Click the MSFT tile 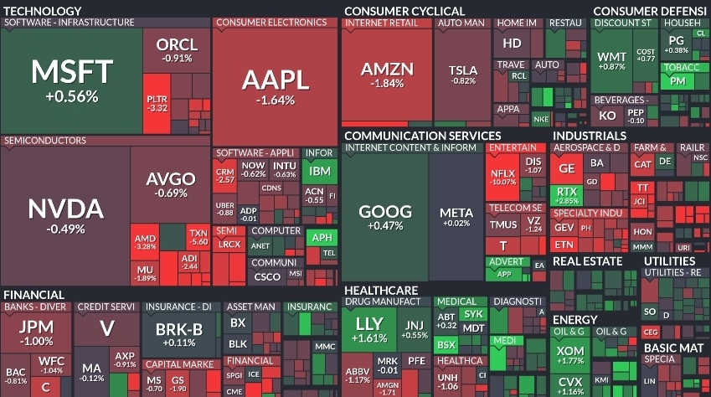tap(71, 80)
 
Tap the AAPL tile tap(275, 85)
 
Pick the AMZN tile tap(387, 75)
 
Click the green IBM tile tap(320, 172)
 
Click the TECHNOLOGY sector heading tap(42, 10)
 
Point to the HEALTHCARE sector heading tap(381, 289)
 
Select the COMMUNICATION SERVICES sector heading tap(422, 135)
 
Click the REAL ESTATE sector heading tap(587, 260)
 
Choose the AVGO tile tap(171, 183)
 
